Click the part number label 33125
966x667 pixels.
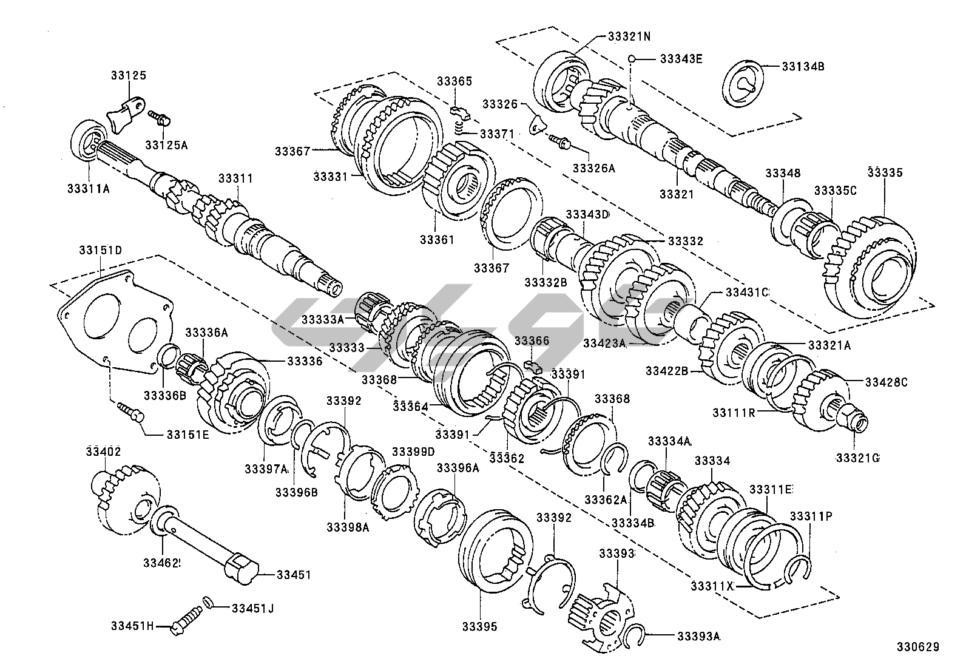coord(129,76)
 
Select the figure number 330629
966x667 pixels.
coord(919,648)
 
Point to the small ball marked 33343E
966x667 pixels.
coord(632,59)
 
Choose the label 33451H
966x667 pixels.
coord(133,626)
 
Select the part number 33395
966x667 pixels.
coord(479,626)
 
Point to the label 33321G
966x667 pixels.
coord(857,457)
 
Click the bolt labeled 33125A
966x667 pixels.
coord(160,117)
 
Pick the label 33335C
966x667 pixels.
coord(835,190)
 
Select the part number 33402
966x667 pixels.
coord(103,451)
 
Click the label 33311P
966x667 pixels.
coord(810,516)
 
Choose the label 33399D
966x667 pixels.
coord(413,452)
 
